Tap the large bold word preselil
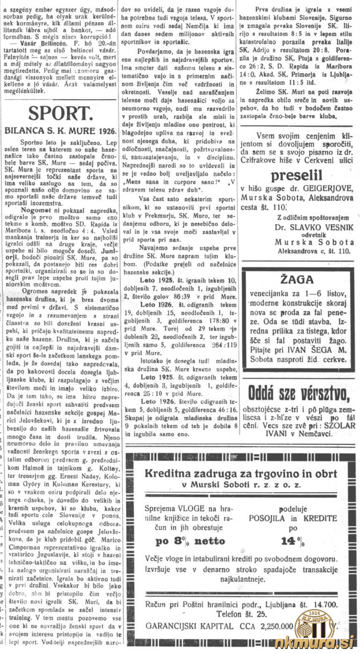click(300, 175)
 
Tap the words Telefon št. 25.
click(241, 614)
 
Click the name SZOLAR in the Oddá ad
click(339, 426)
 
